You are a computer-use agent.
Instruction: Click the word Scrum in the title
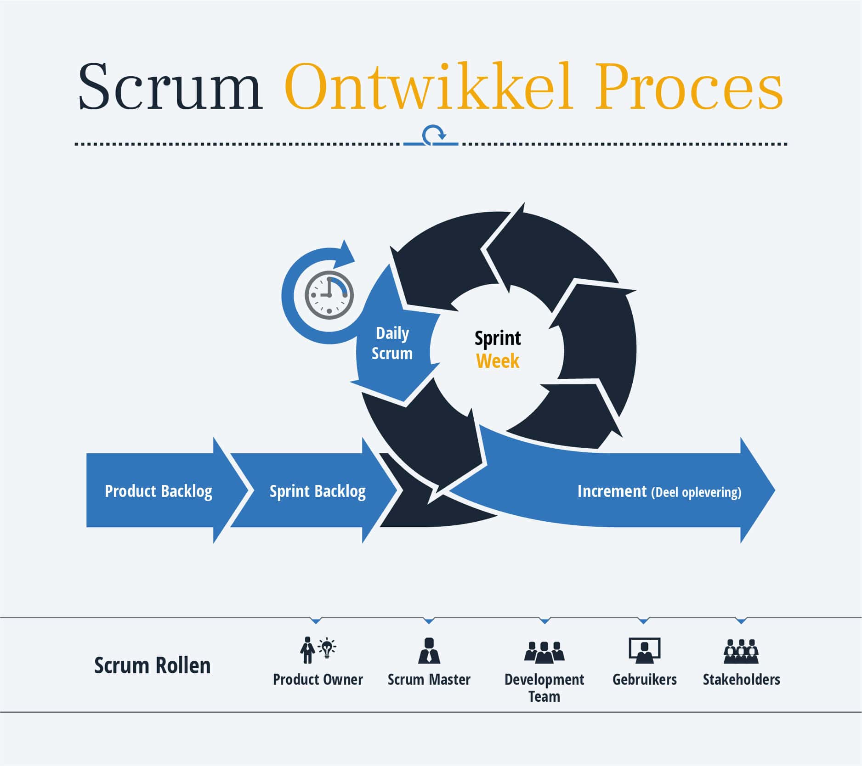click(x=170, y=87)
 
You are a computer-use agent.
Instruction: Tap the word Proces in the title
click(x=689, y=87)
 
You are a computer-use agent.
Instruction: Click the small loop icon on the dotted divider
click(x=432, y=136)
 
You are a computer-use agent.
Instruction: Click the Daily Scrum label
click(x=392, y=343)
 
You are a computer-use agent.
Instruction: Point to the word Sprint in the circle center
click(x=498, y=338)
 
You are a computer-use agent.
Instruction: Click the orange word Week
click(x=498, y=361)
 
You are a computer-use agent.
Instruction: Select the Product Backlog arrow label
click(x=159, y=491)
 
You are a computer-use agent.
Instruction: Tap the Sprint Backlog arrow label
click(x=318, y=491)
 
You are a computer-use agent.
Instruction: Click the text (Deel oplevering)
click(x=696, y=492)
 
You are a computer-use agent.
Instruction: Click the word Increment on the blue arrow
click(x=612, y=491)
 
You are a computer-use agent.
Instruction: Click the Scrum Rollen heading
click(x=152, y=665)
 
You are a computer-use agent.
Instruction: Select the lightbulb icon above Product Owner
click(x=327, y=648)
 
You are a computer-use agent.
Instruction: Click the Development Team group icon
click(x=544, y=652)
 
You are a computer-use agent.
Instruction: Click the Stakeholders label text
click(x=741, y=680)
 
